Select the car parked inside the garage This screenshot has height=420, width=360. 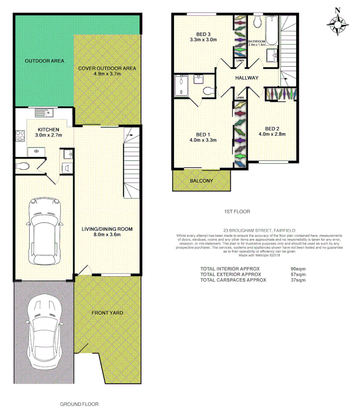44,231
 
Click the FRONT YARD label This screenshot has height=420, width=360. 107,313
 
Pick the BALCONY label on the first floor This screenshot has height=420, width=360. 201,181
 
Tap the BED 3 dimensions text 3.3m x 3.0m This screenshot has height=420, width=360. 203,40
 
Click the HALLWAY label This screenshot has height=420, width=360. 247,78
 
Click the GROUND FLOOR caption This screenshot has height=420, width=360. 79,404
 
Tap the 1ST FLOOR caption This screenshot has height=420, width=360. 237,211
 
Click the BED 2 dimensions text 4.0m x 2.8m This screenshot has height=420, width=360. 272,133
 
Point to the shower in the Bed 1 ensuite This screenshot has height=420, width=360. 181,86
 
